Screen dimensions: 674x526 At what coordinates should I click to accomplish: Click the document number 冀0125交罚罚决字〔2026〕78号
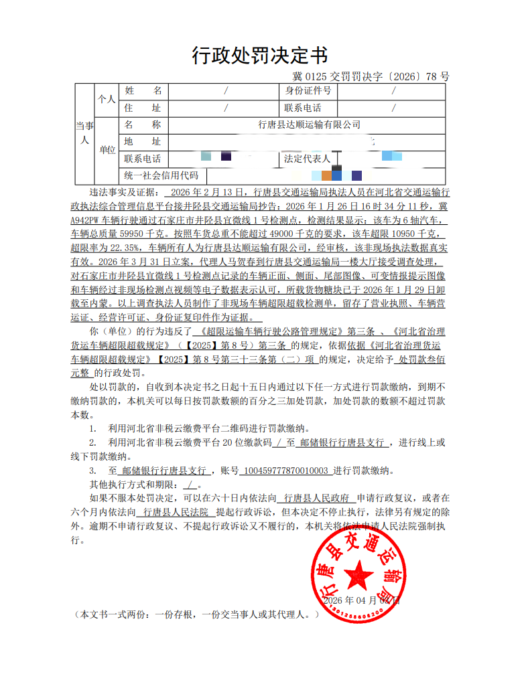click(371, 77)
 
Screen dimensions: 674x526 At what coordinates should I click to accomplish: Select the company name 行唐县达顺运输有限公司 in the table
click(309, 124)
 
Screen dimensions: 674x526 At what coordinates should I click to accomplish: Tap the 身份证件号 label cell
click(308, 90)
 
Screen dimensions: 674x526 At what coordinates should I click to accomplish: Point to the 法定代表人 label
click(307, 159)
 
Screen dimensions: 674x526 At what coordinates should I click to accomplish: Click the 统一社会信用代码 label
click(161, 176)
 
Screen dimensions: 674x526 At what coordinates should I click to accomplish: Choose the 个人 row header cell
click(106, 98)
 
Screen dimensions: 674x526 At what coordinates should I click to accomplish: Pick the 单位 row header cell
click(107, 149)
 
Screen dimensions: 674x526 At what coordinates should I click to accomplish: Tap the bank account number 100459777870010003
click(285, 471)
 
